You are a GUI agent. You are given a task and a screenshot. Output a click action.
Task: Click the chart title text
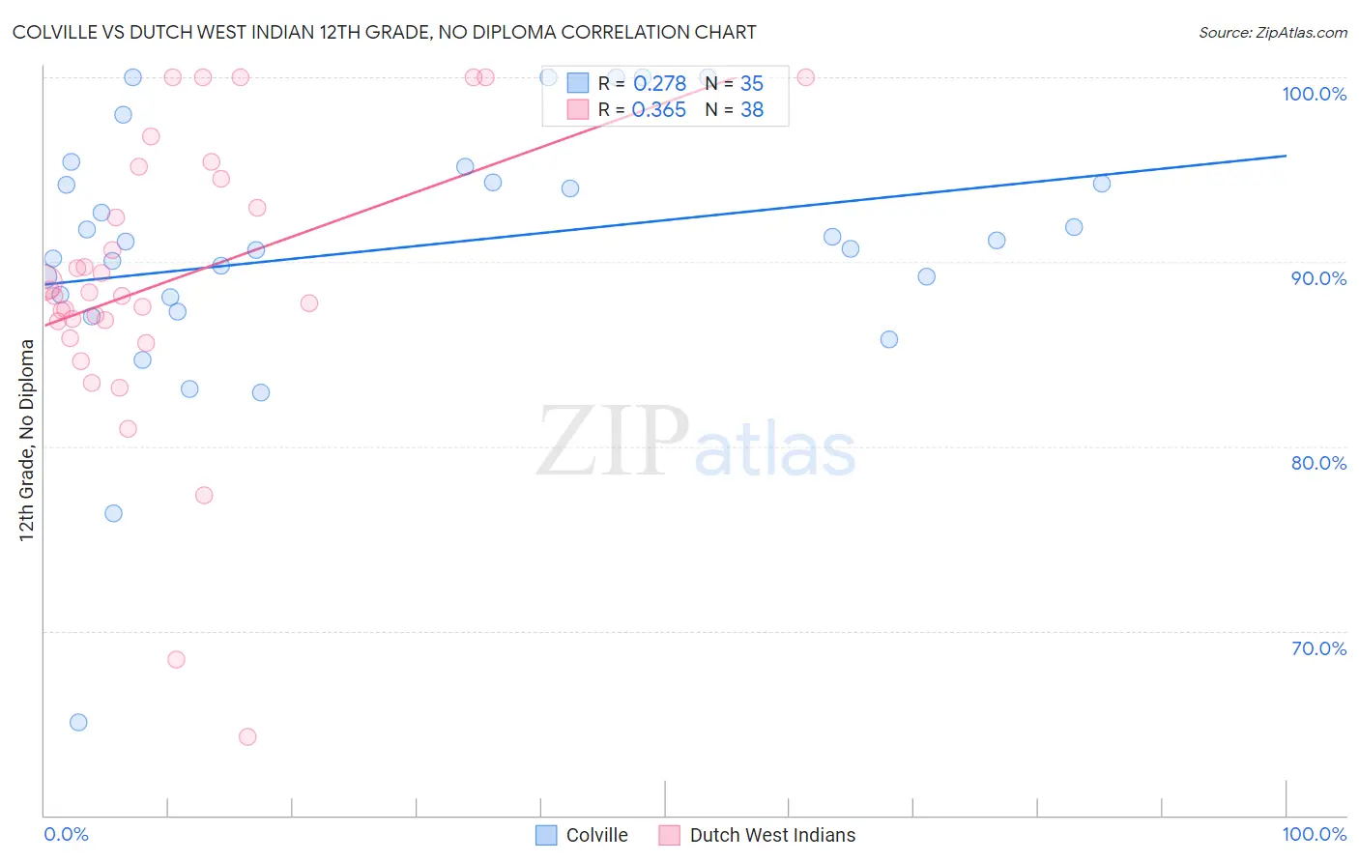(x=384, y=32)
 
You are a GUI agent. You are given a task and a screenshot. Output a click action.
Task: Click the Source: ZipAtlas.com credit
(x=1272, y=32)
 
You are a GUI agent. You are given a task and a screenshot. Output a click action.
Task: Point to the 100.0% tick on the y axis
(x=1314, y=94)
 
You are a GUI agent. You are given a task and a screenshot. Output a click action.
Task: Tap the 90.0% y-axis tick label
(x=1318, y=278)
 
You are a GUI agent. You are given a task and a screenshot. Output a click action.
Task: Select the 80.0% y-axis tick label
(x=1318, y=463)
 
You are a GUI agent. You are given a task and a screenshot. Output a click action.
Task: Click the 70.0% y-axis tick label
(x=1318, y=648)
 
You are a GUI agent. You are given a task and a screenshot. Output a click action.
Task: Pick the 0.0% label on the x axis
(x=66, y=834)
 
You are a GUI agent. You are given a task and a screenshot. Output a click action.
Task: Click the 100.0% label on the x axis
(x=1314, y=834)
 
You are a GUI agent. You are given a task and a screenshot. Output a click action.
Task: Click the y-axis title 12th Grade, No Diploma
(x=27, y=440)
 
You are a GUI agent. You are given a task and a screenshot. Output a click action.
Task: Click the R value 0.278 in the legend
(x=659, y=84)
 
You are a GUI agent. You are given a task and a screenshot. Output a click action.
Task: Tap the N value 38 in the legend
(x=752, y=110)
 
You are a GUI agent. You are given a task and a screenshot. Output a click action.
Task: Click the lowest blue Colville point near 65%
(x=78, y=722)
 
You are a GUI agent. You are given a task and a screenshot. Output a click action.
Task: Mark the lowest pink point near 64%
(x=247, y=736)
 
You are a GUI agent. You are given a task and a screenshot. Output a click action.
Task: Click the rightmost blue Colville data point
(x=1102, y=184)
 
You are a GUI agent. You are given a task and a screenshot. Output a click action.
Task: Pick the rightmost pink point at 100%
(x=805, y=77)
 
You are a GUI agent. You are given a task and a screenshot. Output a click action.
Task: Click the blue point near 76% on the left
(x=113, y=513)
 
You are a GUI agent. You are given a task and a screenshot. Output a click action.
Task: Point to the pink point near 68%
(x=176, y=659)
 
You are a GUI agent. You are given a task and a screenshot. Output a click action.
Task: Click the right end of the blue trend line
(x=1286, y=156)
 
